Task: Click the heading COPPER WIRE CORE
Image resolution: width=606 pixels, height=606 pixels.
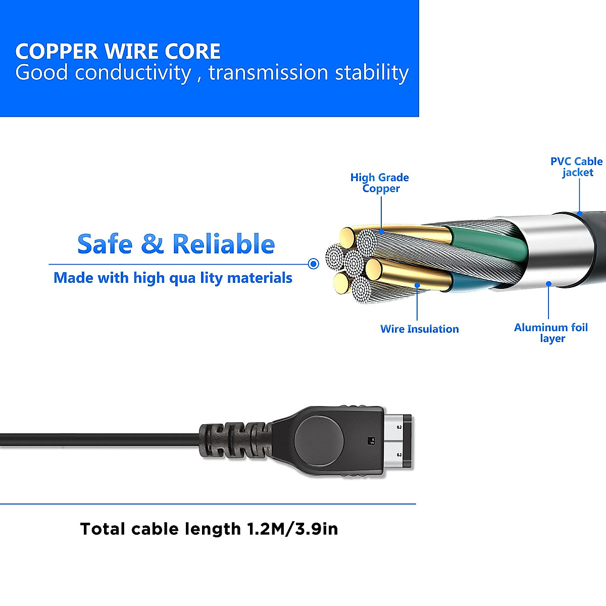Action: (118, 52)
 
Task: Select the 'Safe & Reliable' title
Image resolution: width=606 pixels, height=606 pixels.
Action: (176, 244)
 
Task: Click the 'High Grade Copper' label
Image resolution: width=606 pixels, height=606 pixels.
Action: (380, 183)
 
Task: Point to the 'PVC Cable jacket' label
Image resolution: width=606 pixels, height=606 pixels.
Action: (576, 167)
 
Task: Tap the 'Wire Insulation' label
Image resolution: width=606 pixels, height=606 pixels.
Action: (419, 329)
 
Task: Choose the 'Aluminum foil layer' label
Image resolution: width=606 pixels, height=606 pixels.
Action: (551, 333)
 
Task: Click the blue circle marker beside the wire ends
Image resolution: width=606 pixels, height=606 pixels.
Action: (314, 264)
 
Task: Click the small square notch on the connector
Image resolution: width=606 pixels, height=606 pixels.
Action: (371, 439)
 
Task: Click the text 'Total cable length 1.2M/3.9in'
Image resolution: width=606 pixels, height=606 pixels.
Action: (209, 529)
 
